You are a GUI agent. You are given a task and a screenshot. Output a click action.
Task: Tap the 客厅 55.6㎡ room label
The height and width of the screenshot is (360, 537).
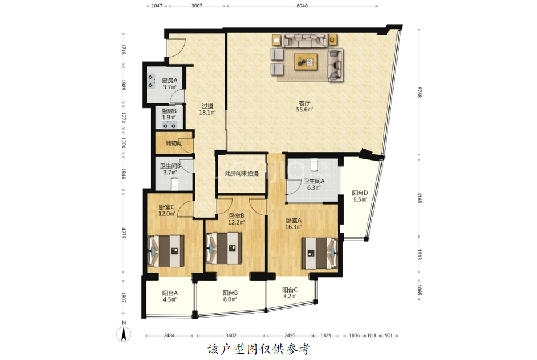click(x=304, y=106)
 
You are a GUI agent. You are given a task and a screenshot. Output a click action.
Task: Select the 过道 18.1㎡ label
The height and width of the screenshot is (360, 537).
click(x=207, y=109)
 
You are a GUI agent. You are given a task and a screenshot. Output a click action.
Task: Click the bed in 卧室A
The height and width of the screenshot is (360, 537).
click(x=319, y=253)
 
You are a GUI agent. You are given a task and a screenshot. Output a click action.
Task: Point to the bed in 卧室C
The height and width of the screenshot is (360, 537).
click(x=166, y=251)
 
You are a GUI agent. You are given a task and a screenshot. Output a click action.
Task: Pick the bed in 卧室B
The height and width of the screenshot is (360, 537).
click(x=223, y=249)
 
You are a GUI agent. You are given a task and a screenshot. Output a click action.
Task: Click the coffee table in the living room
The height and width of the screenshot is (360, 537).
click(x=306, y=62)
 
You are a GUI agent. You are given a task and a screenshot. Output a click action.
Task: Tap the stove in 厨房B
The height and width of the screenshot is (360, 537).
click(x=169, y=125)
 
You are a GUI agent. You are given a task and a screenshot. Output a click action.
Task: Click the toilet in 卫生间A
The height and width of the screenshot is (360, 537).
click(x=314, y=165)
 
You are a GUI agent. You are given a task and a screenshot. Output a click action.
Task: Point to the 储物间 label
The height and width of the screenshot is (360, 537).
click(x=174, y=143)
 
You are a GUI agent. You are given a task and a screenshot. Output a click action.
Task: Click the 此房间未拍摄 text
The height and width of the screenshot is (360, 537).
click(x=242, y=174)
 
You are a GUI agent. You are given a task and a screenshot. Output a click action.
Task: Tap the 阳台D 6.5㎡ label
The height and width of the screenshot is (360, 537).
click(x=360, y=196)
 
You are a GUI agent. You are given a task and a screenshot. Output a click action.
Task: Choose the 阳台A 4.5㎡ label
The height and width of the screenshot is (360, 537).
click(x=170, y=297)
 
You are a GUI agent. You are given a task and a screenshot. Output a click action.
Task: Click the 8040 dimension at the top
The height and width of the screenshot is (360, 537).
click(x=302, y=6)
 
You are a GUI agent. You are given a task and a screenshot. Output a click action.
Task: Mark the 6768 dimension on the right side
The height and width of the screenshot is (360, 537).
click(x=419, y=92)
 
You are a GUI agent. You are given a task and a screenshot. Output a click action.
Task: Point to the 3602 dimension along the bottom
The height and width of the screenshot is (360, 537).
click(x=231, y=335)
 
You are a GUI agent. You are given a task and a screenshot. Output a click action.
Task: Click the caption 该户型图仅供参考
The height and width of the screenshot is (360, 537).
click(x=259, y=349)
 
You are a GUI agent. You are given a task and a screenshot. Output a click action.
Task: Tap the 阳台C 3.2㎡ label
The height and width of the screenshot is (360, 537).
click(x=290, y=293)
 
